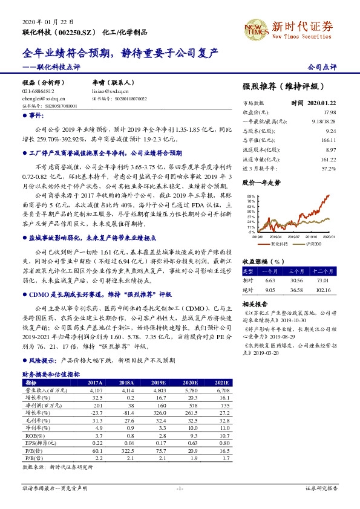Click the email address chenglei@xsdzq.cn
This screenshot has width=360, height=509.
pyautogui.click(x=40, y=98)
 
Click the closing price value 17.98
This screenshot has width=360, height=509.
pyautogui.click(x=329, y=112)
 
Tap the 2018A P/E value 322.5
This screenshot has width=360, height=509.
pyautogui.click(x=126, y=450)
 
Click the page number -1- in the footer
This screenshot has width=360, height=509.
pyautogui.click(x=179, y=488)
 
